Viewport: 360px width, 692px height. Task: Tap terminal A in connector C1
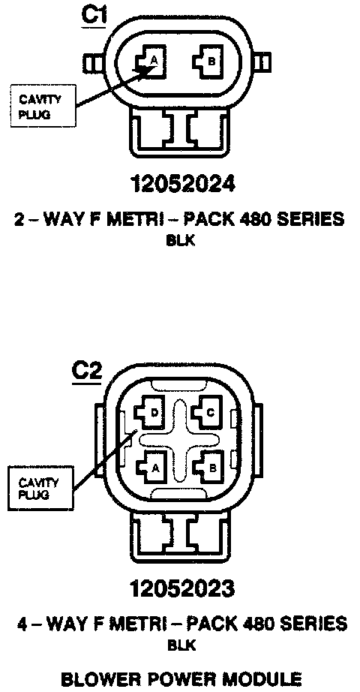click(x=151, y=62)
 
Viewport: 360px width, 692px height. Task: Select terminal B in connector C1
click(x=209, y=62)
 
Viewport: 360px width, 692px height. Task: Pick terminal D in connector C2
click(x=151, y=412)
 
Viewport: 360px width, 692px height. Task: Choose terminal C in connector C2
click(x=208, y=412)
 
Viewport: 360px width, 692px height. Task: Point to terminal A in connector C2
click(x=151, y=468)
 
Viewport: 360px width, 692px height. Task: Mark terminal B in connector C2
click(x=208, y=468)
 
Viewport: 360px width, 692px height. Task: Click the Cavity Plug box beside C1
click(x=42, y=107)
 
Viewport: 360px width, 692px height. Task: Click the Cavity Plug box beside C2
click(x=40, y=488)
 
